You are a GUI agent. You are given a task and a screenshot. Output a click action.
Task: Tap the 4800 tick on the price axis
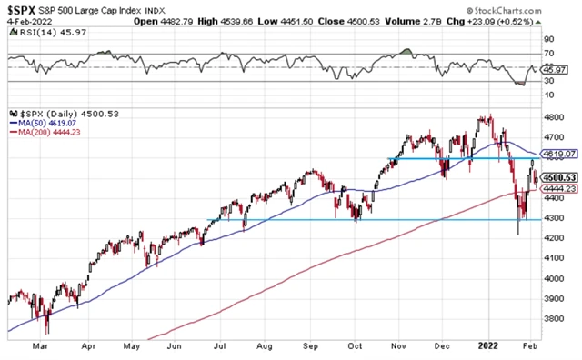pos(553,117)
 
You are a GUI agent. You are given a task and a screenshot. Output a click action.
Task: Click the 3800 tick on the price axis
pos(553,320)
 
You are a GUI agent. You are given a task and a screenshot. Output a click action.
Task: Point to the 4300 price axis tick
pos(553,219)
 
